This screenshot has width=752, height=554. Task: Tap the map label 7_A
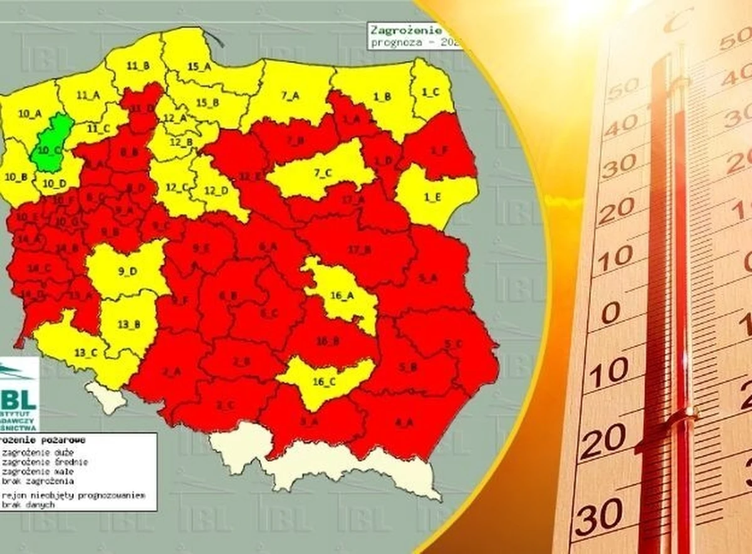(291, 95)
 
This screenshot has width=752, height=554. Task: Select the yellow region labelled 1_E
(432, 197)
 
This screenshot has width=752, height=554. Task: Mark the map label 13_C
(85, 352)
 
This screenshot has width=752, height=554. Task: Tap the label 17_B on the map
(360, 250)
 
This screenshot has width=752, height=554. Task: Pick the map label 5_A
(429, 277)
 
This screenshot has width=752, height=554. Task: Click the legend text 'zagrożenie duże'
(28, 452)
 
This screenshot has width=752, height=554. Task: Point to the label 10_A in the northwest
(29, 113)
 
